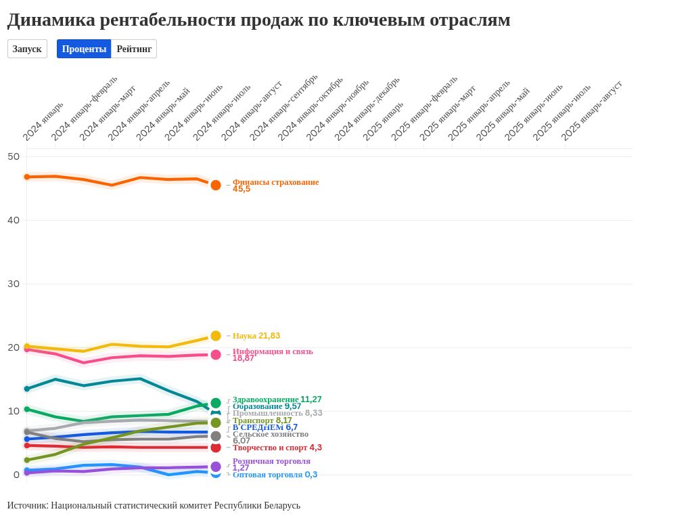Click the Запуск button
coord(27,49)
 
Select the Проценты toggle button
coord(84,49)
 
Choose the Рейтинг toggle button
coord(134,49)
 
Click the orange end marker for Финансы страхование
coord(216,185)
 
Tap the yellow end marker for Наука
coord(216,336)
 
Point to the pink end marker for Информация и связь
coord(216,355)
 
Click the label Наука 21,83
coord(256,336)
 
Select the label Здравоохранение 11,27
coord(277,400)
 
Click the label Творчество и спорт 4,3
coord(277,448)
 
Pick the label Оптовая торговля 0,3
coord(275,475)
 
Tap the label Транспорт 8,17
coord(262,420)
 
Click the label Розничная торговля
coord(271,461)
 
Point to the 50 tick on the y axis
coord(14,156)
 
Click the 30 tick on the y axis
coord(14,284)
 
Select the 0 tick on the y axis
coord(16,475)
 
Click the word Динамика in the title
coord(51,20)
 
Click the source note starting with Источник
coord(154,505)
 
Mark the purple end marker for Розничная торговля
coord(216,467)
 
